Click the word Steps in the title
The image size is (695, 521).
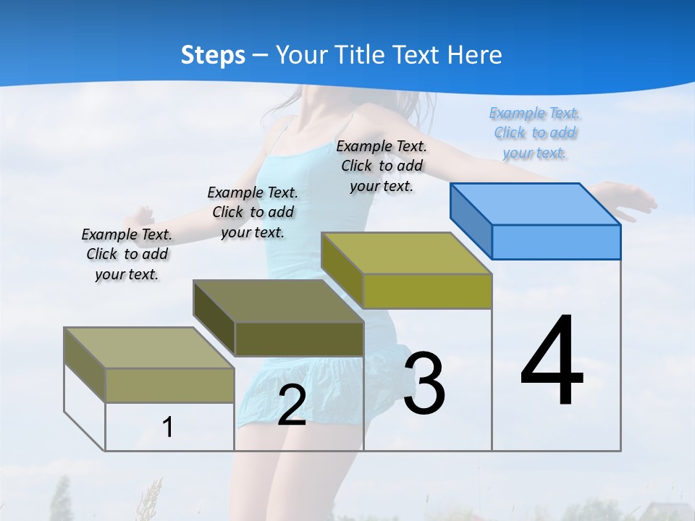coord(213,55)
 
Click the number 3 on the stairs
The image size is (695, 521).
coord(424,383)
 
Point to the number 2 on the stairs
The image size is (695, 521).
coord(292,405)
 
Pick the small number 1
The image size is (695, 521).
coord(168,428)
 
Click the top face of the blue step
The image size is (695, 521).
coord(536,204)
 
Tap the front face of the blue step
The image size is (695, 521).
coord(556,242)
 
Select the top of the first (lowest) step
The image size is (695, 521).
coord(149,348)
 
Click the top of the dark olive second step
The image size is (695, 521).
coord(278,301)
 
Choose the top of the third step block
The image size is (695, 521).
coord(406,253)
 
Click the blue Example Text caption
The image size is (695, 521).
coord(534,133)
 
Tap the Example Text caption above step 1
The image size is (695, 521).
coord(127,255)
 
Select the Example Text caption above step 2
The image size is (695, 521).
coord(253,212)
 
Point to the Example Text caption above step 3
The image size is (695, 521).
coord(382,166)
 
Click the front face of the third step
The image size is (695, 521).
coord(427,292)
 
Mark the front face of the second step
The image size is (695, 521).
coord(299,339)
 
